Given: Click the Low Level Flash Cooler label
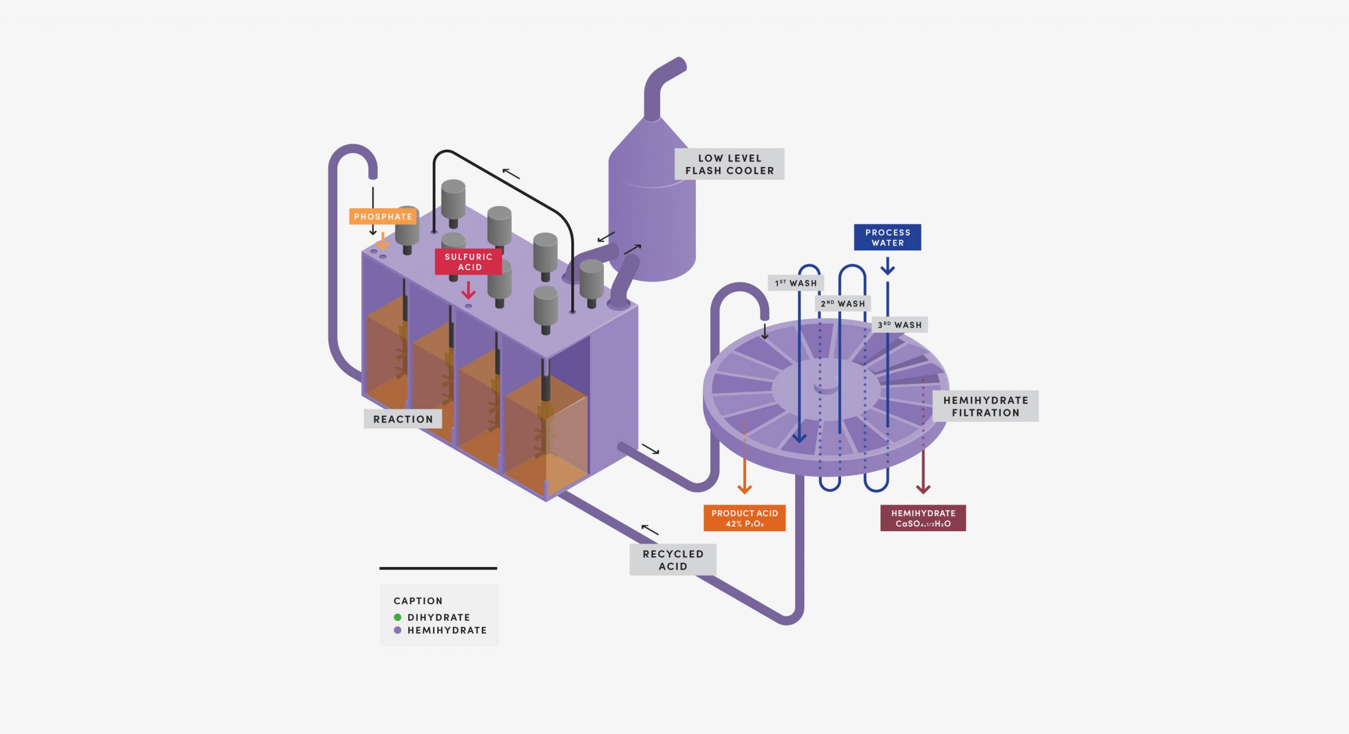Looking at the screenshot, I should click(729, 164).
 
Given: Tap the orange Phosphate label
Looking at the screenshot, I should click(383, 217).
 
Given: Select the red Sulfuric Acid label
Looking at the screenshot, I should click(468, 262).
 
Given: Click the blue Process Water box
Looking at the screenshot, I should click(887, 238).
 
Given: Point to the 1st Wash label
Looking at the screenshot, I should click(796, 283).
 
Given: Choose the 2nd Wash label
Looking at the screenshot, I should click(843, 304).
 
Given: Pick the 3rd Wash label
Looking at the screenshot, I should click(900, 325).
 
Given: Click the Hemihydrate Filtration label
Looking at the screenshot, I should click(985, 406).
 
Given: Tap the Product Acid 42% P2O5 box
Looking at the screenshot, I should click(744, 518).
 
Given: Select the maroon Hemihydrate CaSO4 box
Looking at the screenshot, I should click(923, 518).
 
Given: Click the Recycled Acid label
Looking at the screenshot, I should click(672, 560).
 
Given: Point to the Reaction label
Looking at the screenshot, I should click(403, 419).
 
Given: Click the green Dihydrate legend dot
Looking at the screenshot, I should click(397, 617).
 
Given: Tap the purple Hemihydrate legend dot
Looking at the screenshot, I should click(397, 630).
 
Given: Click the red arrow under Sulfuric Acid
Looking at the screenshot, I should click(468, 291).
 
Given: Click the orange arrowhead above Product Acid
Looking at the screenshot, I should click(744, 488).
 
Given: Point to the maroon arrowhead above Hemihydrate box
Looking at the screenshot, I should click(923, 488).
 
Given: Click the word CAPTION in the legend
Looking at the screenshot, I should click(418, 601).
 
